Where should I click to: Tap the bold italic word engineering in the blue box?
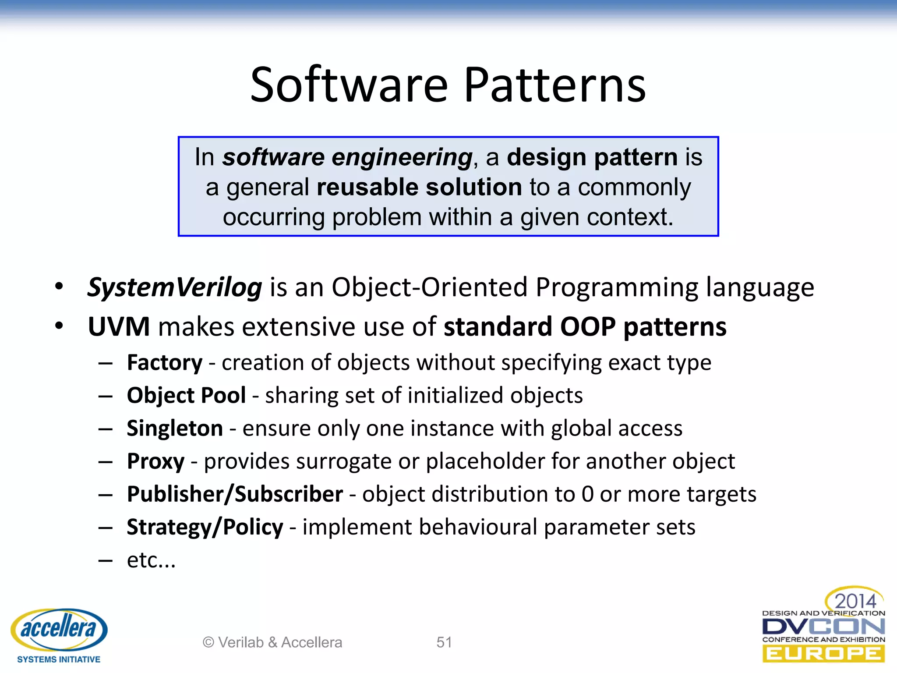[x=402, y=157]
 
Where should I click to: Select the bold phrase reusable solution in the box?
[x=419, y=187]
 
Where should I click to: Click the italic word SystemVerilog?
[x=174, y=287]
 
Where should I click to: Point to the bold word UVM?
[x=119, y=327]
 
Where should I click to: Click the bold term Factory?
[x=165, y=363]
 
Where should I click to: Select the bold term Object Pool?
[x=186, y=395]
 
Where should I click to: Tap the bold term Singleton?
[x=175, y=428]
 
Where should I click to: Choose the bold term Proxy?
[x=155, y=461]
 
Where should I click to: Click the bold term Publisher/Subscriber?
[x=235, y=494]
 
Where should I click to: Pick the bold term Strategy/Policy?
[x=205, y=527]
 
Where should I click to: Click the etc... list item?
[x=151, y=560]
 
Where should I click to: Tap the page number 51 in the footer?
[x=444, y=642]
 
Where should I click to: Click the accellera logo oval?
[x=59, y=629]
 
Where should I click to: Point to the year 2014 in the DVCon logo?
[x=855, y=601]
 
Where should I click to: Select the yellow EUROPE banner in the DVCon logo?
[x=823, y=654]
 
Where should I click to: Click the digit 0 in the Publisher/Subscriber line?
[x=587, y=494]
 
